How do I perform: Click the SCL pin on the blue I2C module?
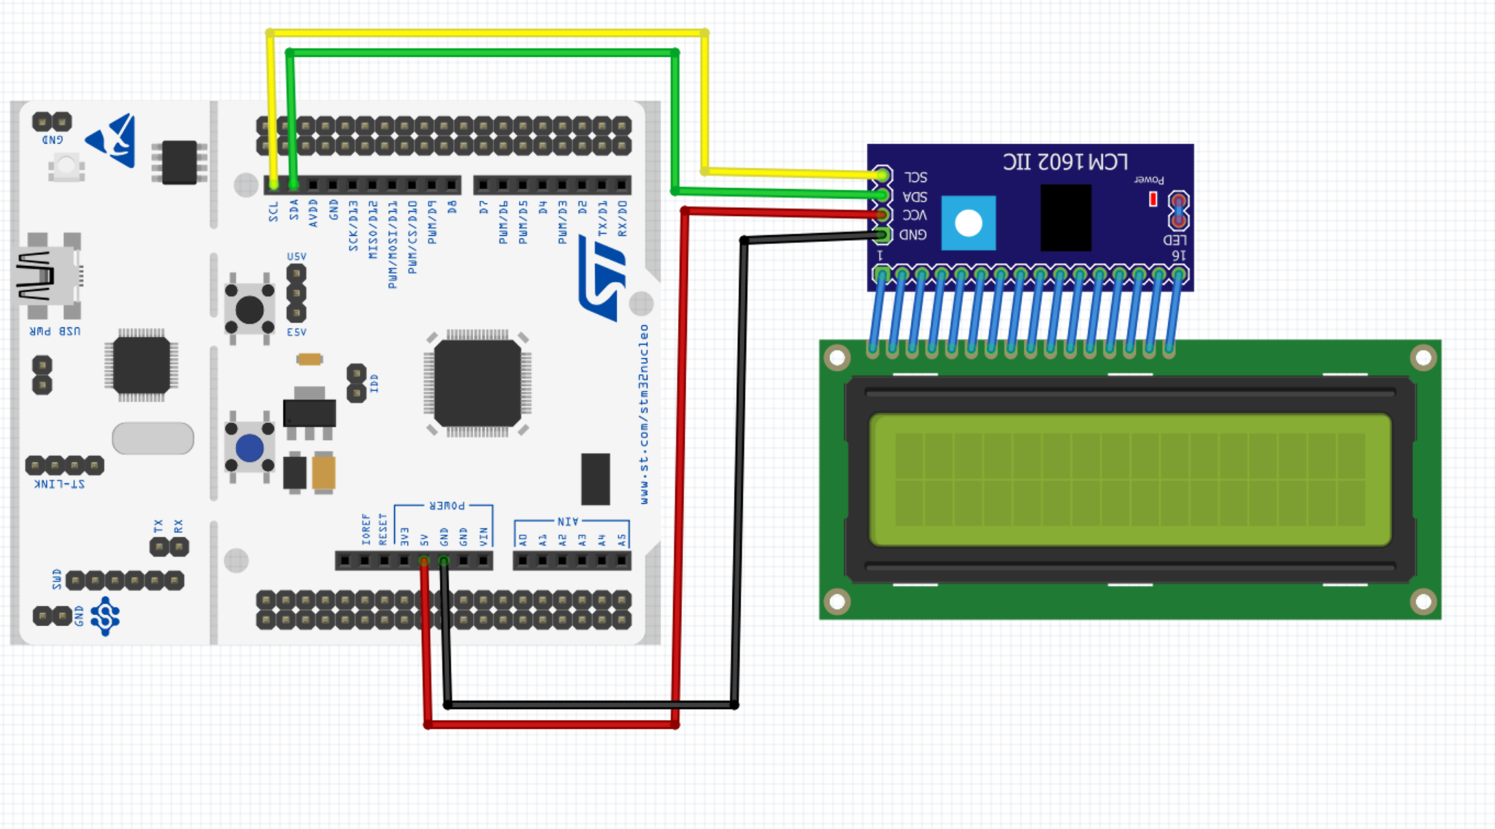coord(883,175)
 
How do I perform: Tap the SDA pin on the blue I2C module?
coord(883,195)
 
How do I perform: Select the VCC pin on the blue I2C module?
coord(883,215)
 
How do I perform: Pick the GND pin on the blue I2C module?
coord(883,234)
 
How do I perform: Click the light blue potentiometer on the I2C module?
coord(969,223)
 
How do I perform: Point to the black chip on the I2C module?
coord(1065,218)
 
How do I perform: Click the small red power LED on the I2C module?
coord(1153,199)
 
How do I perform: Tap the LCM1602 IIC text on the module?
coord(1065,161)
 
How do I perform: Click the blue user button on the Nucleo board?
coord(250,448)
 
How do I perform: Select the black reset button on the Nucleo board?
coord(250,310)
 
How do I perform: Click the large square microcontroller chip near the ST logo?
coord(477,383)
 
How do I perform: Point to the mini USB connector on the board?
coord(47,276)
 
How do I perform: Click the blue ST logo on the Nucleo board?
coord(603,278)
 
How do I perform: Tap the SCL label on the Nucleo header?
coord(273,211)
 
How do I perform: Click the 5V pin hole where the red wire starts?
coord(423,561)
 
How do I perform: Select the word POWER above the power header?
coord(447,505)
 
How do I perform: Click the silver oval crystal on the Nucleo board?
coord(153,438)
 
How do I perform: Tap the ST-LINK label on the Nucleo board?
coord(59,484)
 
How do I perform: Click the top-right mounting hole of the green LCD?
coord(1423,358)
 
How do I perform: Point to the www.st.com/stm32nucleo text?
coord(644,414)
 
